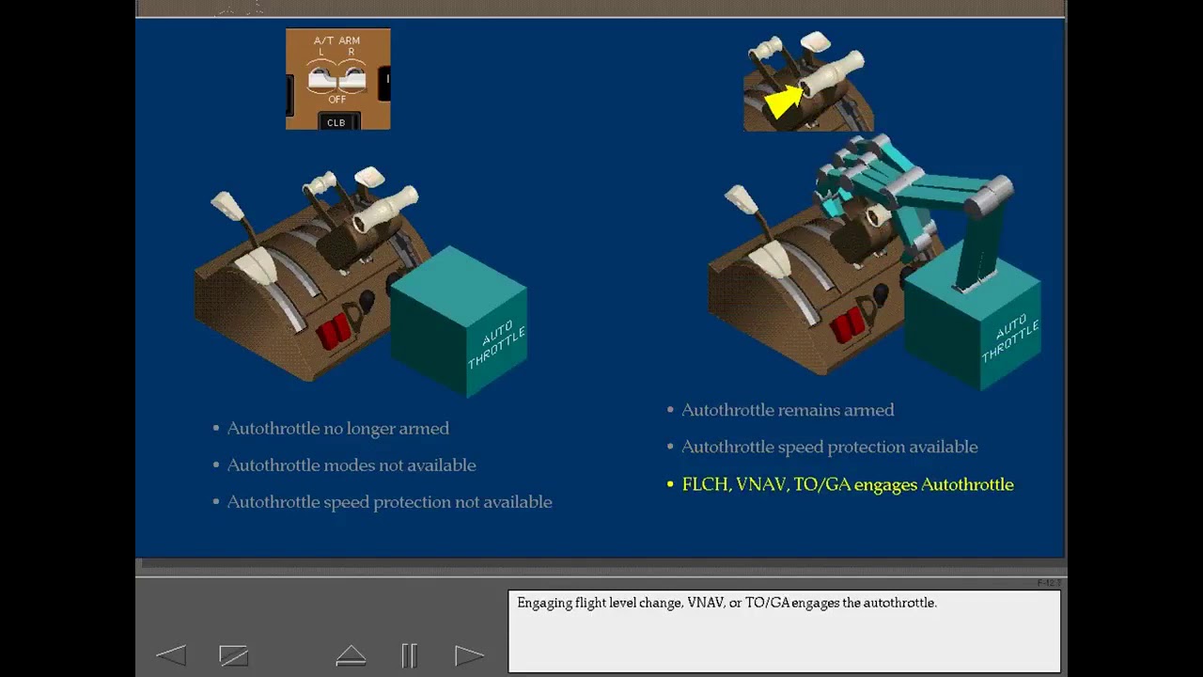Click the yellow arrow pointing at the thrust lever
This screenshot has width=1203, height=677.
[x=784, y=101]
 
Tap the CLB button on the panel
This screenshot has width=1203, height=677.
[x=336, y=122]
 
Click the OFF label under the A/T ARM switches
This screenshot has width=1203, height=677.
[x=337, y=100]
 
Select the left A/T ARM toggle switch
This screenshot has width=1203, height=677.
[x=321, y=80]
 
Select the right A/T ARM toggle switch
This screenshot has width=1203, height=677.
[x=352, y=80]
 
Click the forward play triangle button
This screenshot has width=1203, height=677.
[x=469, y=655]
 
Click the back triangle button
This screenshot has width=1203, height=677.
[x=171, y=655]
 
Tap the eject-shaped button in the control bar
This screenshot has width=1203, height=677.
[x=351, y=655]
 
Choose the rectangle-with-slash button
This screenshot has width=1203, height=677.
[x=234, y=655]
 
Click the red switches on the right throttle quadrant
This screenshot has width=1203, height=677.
[x=847, y=325]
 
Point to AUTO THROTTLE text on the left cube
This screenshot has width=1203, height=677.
[x=495, y=344]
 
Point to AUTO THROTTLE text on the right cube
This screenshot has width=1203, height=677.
[x=1010, y=338]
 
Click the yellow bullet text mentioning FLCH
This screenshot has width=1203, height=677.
[x=848, y=484]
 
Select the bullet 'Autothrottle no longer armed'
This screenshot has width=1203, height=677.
[x=337, y=428]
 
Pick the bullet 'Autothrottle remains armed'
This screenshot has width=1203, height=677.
[x=788, y=410]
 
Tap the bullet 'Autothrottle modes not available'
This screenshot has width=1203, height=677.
[x=352, y=464]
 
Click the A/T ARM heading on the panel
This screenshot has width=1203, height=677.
[x=336, y=40]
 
